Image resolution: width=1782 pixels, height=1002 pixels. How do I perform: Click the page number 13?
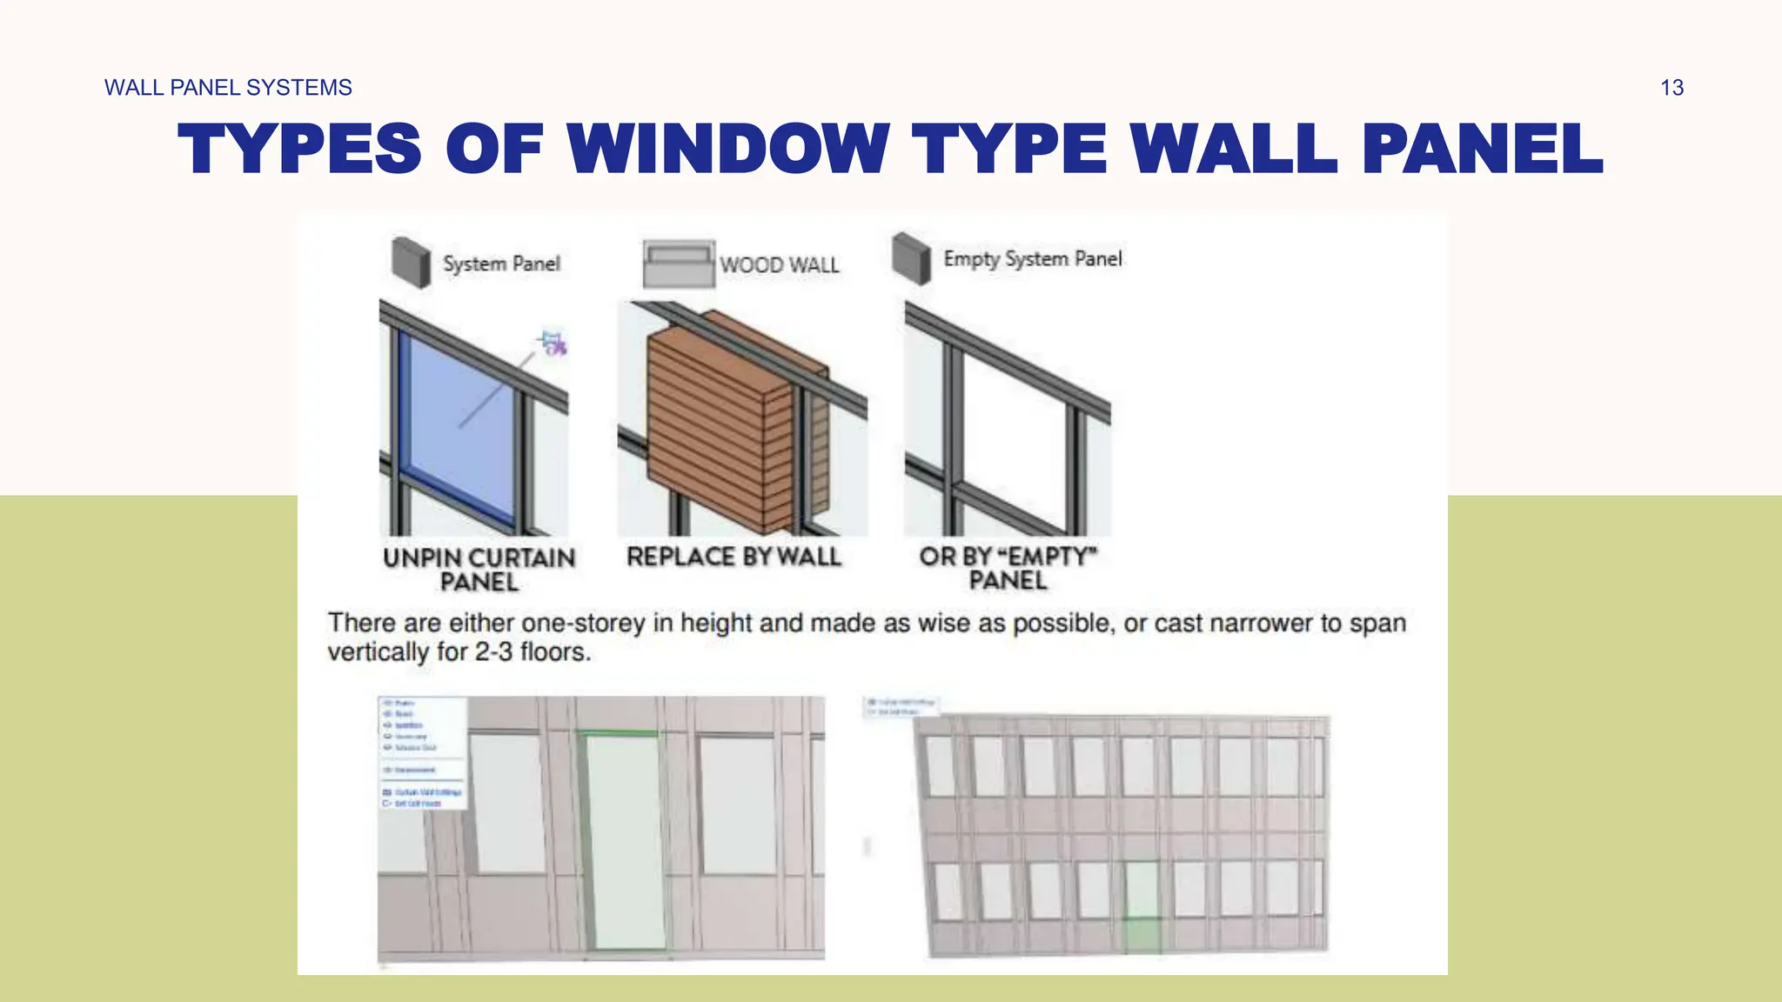pyautogui.click(x=1671, y=88)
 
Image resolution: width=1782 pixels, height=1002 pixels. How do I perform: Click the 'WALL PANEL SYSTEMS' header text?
pyautogui.click(x=228, y=88)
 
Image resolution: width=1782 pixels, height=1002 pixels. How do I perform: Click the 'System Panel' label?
pyautogui.click(x=501, y=264)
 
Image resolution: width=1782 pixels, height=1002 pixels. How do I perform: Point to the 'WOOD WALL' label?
pyautogui.click(x=780, y=265)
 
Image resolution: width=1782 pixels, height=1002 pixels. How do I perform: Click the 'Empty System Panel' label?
pyautogui.click(x=1033, y=259)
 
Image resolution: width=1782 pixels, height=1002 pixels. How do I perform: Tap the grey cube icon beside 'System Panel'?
pyautogui.click(x=411, y=261)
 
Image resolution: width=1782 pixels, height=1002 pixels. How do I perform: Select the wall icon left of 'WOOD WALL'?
pyautogui.click(x=679, y=264)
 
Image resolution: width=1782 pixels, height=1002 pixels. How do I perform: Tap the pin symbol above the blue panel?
pyautogui.click(x=553, y=343)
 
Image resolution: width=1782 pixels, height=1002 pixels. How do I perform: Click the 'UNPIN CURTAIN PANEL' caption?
pyautogui.click(x=479, y=570)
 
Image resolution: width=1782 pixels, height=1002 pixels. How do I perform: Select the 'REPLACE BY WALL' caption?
pyautogui.click(x=734, y=557)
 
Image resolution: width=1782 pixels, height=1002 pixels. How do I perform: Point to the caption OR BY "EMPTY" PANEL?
pyautogui.click(x=1008, y=568)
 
